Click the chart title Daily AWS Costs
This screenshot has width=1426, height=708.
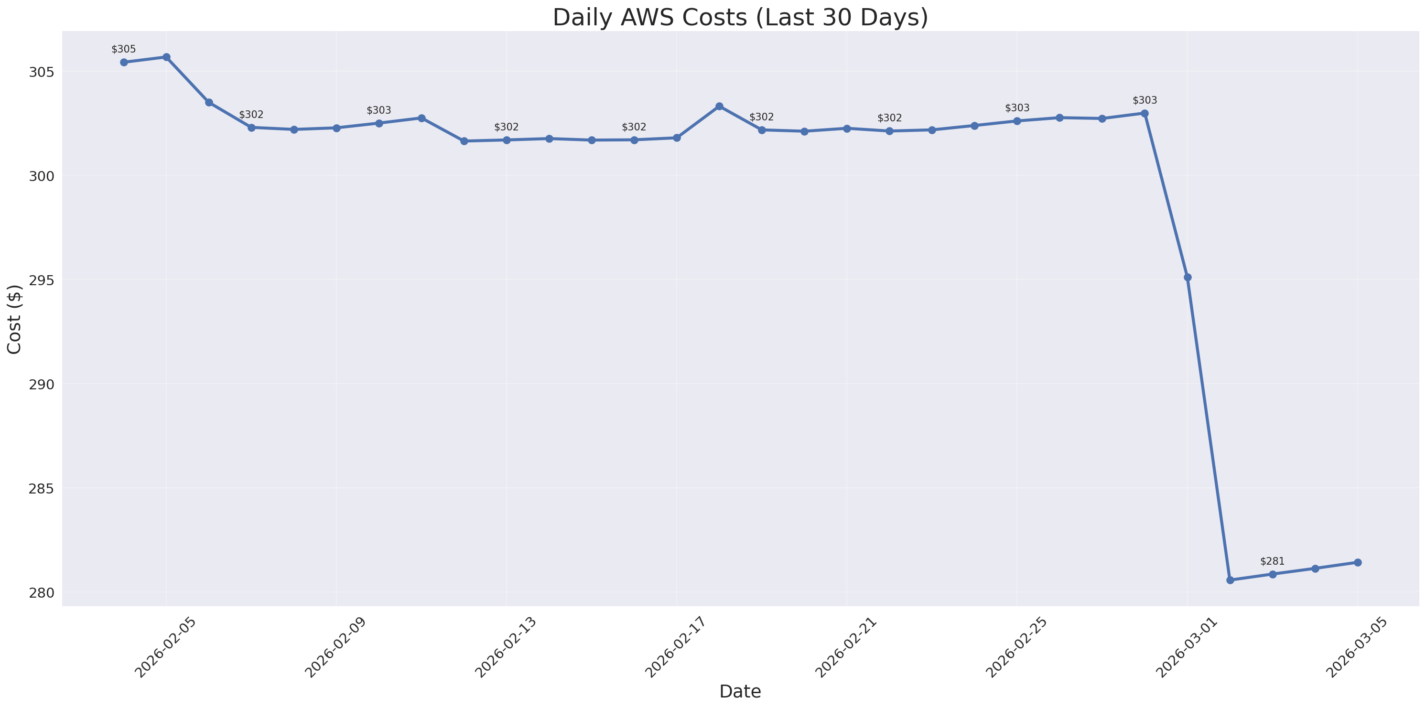click(x=740, y=18)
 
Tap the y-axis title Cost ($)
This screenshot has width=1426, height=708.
click(x=14, y=320)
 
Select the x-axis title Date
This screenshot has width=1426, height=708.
click(x=740, y=691)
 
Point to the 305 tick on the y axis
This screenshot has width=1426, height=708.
click(x=42, y=72)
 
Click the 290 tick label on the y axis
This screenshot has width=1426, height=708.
click(x=42, y=384)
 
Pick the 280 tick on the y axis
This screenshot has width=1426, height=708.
click(x=42, y=592)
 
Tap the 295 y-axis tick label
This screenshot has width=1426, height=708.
click(x=42, y=280)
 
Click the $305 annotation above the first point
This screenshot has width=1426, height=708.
click(x=123, y=49)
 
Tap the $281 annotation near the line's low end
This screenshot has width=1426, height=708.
click(x=1272, y=561)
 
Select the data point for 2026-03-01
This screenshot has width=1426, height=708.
click(x=1188, y=278)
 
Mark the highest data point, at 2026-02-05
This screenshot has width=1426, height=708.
click(x=166, y=57)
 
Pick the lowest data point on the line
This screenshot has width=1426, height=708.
click(x=1230, y=580)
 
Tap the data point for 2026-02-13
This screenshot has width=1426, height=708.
click(x=507, y=140)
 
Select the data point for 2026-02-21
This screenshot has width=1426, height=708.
click(x=847, y=129)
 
